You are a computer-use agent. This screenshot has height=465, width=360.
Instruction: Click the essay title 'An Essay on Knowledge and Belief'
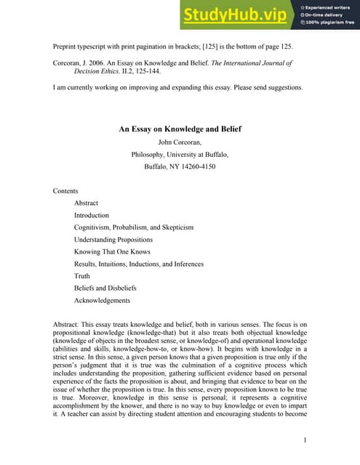pyautogui.click(x=180, y=129)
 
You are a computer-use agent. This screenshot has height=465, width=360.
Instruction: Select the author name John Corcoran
pyautogui.click(x=180, y=142)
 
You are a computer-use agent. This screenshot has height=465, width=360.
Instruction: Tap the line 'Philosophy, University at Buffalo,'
pyautogui.click(x=180, y=154)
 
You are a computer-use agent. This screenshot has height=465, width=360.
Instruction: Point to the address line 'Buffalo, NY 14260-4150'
pyautogui.click(x=180, y=166)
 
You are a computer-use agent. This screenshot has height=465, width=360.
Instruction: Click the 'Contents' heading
pyautogui.click(x=65, y=191)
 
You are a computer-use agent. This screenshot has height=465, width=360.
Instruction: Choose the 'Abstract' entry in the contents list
pyautogui.click(x=86, y=203)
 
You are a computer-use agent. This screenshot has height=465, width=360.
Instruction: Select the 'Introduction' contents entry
pyautogui.click(x=92, y=216)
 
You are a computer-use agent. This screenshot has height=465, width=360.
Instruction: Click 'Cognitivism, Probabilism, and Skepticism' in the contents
pyautogui.click(x=134, y=227)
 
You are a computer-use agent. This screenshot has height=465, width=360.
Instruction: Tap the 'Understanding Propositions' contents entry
pyautogui.click(x=113, y=240)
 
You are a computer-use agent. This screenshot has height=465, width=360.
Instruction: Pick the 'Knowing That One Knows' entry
pyautogui.click(x=113, y=252)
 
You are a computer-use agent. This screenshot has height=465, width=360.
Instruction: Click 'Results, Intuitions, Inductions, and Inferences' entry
pyautogui.click(x=139, y=264)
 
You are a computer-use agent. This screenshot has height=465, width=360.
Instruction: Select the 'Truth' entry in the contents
pyautogui.click(x=82, y=276)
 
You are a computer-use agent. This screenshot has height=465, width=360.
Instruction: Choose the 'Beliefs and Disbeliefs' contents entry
pyautogui.click(x=105, y=288)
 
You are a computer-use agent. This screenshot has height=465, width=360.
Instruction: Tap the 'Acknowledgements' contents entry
pyautogui.click(x=103, y=301)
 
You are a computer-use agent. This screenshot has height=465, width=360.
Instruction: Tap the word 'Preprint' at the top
pyautogui.click(x=66, y=46)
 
